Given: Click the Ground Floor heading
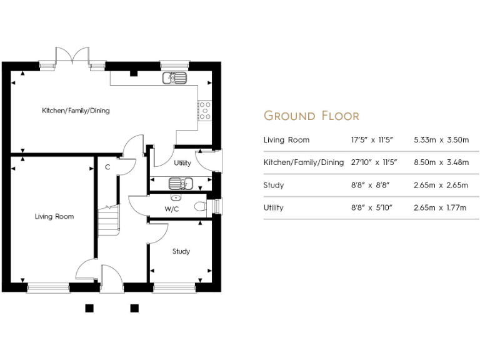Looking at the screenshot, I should [311, 116].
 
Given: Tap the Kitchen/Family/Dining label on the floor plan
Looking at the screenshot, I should [76, 111].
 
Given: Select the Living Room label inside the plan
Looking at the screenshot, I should [54, 216].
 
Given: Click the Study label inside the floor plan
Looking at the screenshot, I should [181, 251].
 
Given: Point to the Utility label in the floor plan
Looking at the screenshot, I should [182, 163].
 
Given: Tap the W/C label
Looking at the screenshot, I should [172, 209].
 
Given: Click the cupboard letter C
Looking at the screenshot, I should [107, 167].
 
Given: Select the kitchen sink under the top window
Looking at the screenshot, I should [174, 79].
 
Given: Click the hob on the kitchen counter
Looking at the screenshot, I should [204, 111].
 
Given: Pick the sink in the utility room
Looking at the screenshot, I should [181, 184].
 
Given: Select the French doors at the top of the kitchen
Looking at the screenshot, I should [72, 57].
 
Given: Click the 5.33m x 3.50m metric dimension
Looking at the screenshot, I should [440, 140].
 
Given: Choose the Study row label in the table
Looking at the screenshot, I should [274, 185].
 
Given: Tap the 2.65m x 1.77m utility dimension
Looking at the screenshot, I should [440, 207].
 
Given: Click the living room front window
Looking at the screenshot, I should [48, 287].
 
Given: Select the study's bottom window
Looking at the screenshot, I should [174, 287].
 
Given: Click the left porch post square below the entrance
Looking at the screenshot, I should [89, 307].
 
